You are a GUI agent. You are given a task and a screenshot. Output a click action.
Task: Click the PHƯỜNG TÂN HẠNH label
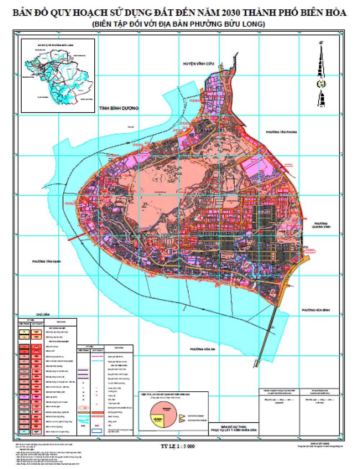pos(46,261)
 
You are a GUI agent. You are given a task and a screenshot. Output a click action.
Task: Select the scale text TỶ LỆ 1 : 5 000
pos(177,446)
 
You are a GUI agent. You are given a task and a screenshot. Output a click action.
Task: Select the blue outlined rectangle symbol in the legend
pos(97,430)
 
